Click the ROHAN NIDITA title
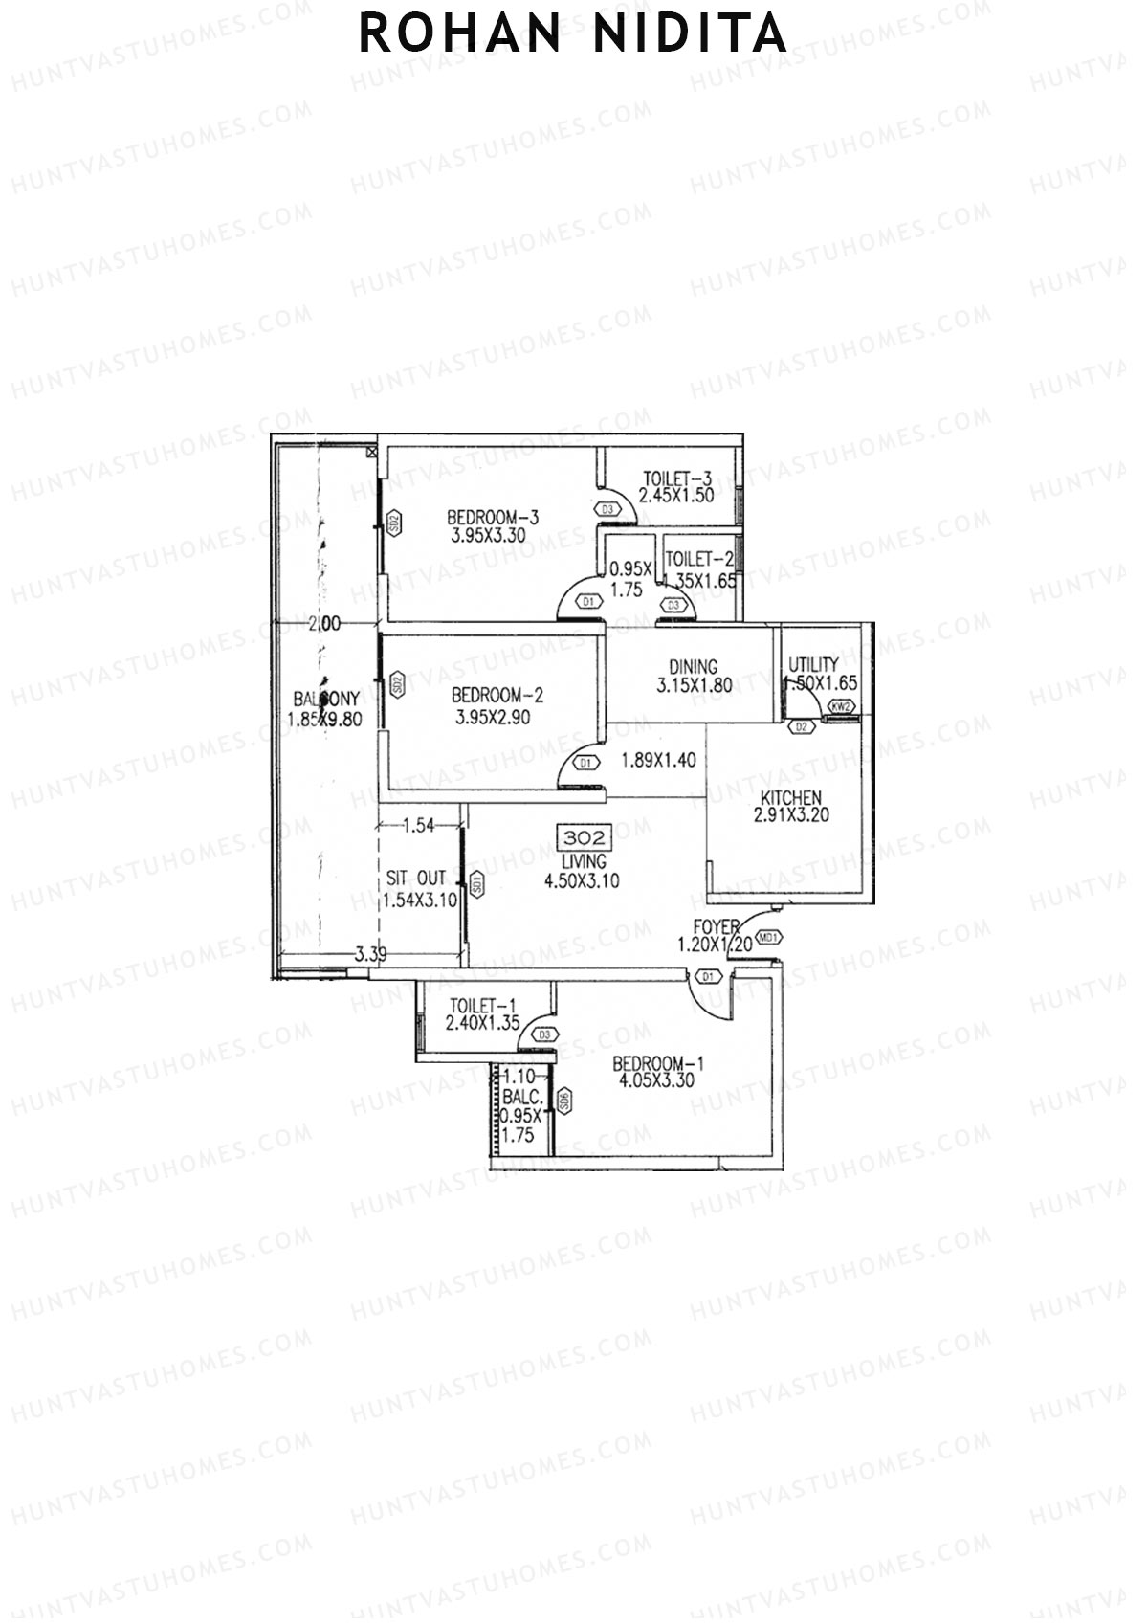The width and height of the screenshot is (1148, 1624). [x=573, y=34]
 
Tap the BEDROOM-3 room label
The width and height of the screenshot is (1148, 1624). [x=494, y=518]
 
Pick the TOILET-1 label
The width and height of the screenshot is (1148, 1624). [x=482, y=1006]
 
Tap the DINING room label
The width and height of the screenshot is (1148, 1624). [x=694, y=667]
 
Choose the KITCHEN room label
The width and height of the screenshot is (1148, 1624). [x=790, y=798]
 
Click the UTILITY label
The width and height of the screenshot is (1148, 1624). [x=813, y=664]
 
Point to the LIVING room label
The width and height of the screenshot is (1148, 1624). [x=583, y=861]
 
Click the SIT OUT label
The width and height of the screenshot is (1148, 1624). [x=416, y=878]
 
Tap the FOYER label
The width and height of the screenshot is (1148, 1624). [x=717, y=927]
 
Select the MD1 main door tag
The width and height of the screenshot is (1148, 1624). [x=768, y=938]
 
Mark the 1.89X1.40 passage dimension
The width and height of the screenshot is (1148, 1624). [x=658, y=761]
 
